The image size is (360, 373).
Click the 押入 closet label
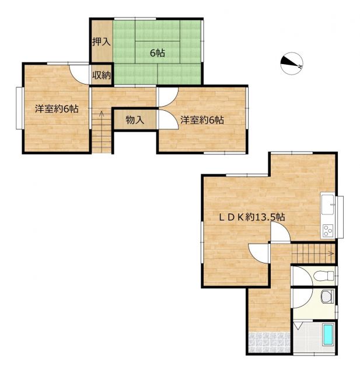(x=102, y=42)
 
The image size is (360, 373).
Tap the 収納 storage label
(x=102, y=75)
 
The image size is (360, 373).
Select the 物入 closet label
(x=135, y=120)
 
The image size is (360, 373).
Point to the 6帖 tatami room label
(x=158, y=53)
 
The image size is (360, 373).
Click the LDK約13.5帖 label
(x=251, y=217)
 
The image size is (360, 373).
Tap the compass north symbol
(x=292, y=64)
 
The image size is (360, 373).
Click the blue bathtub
(x=328, y=335)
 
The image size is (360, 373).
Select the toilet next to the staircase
(x=324, y=276)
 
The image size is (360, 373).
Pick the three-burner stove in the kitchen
(x=328, y=231)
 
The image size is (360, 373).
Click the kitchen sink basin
(x=328, y=205)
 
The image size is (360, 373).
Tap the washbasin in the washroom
(x=327, y=296)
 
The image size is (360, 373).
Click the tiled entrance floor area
(x=270, y=342)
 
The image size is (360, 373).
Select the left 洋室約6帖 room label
(x=57, y=109)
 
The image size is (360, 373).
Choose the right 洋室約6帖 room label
(x=202, y=120)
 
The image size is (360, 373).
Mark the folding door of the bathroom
(x=298, y=325)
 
